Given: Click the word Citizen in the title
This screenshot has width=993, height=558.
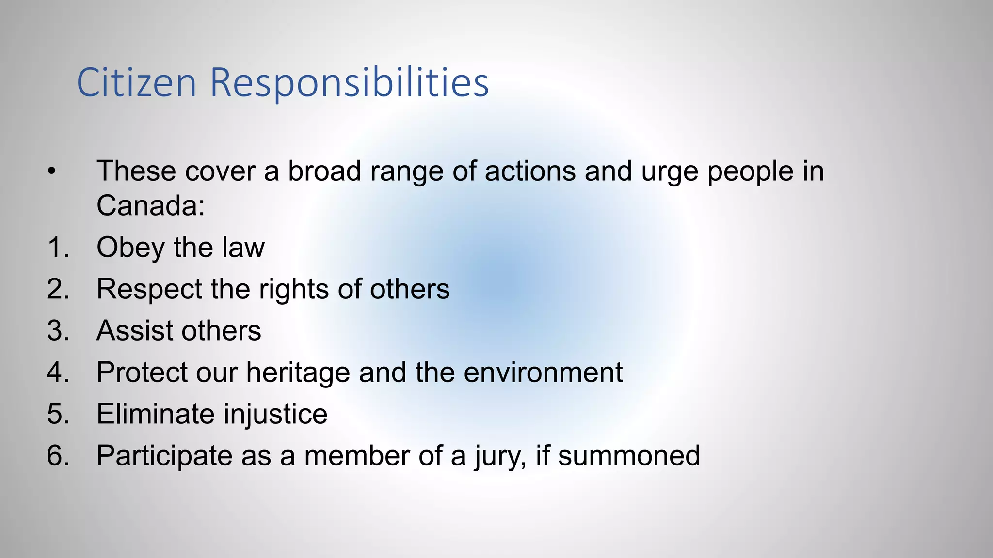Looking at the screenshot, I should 136,83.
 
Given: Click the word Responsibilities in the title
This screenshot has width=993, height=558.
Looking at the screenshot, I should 349,83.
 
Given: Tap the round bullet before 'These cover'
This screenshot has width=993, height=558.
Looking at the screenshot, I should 52,171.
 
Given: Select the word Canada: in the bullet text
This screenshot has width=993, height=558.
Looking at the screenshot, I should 151,205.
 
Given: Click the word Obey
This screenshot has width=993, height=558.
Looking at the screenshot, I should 130,248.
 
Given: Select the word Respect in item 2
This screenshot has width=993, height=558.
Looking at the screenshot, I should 149,290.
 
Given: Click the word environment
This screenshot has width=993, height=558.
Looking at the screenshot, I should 543,372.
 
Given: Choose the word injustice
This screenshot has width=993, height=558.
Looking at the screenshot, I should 275,415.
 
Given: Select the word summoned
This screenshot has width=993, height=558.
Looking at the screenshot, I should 629,455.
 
